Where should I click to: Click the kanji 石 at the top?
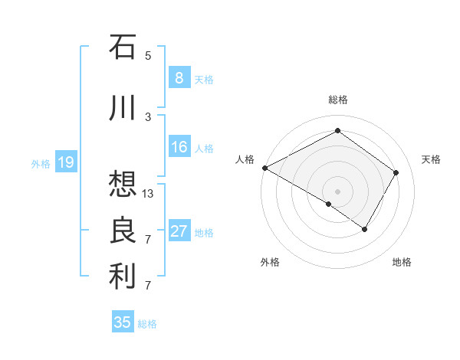click(x=123, y=47)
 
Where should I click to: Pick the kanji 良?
click(x=123, y=231)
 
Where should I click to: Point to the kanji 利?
click(x=123, y=277)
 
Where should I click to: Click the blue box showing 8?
click(x=179, y=77)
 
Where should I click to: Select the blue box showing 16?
click(x=179, y=147)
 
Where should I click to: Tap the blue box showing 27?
click(x=179, y=231)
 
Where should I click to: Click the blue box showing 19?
click(x=65, y=162)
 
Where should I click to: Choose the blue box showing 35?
click(x=123, y=322)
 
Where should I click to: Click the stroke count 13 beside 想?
click(x=148, y=194)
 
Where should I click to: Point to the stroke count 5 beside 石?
click(x=148, y=55)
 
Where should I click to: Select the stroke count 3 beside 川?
click(x=148, y=116)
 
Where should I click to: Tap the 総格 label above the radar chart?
click(x=337, y=100)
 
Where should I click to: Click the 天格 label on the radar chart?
click(x=431, y=159)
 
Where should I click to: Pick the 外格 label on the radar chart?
click(x=270, y=262)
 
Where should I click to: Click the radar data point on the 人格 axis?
click(x=264, y=167)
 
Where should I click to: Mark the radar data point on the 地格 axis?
click(x=365, y=229)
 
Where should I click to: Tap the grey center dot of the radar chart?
click(x=337, y=191)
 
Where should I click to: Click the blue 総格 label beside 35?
click(x=148, y=324)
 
